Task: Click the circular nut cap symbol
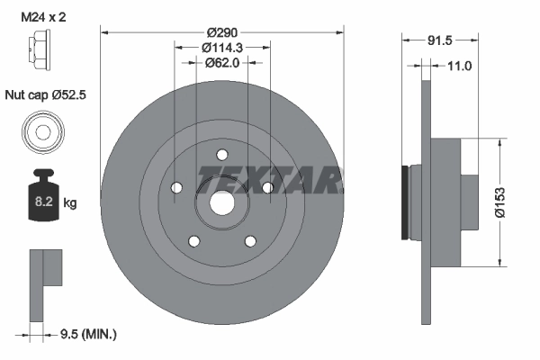pos(41,133)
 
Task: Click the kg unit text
pos(70,202)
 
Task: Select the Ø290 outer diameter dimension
pos(221,31)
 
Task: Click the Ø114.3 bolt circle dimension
pos(221,47)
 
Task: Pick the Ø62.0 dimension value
pos(221,63)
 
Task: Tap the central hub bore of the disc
pos(221,202)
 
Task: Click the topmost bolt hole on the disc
pos(221,154)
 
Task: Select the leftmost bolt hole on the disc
pos(176,187)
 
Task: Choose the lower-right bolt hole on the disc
pos(250,240)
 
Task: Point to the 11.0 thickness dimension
pos(459,66)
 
